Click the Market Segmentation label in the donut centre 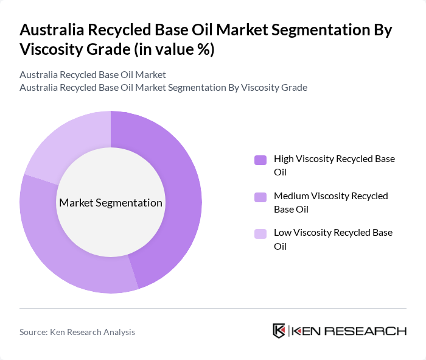[111, 203]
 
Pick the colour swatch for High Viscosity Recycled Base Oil [260, 160]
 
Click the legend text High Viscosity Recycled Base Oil [334, 165]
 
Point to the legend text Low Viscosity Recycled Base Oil [333, 239]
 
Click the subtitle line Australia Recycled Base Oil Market [93, 74]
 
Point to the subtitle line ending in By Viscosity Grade [163, 87]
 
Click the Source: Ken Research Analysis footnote [77, 332]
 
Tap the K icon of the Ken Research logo [279, 331]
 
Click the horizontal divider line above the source [213, 308]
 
